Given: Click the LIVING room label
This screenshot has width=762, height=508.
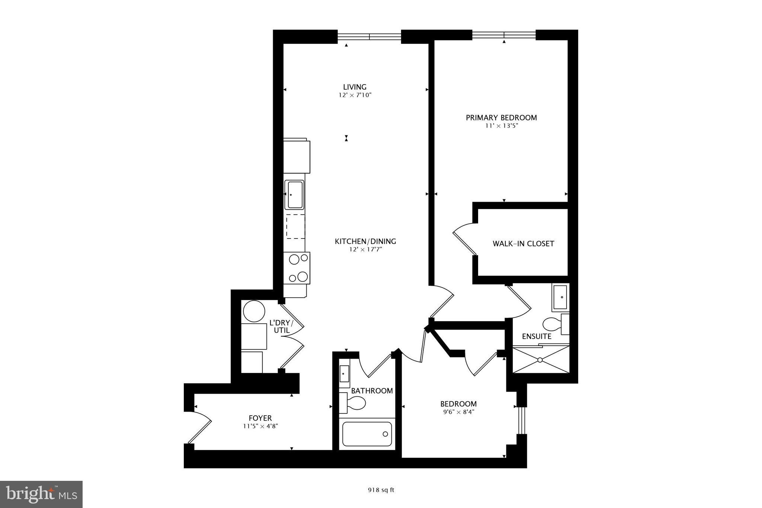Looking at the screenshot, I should click(x=355, y=87).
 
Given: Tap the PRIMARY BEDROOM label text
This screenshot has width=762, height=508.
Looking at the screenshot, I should click(x=501, y=118).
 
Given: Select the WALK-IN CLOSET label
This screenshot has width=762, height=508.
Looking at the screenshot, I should click(x=523, y=244).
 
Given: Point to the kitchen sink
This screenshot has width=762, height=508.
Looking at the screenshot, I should click(x=294, y=195).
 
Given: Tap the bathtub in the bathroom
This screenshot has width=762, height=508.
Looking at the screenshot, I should click(x=367, y=434).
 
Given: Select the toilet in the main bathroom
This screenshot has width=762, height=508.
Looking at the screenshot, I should click(x=353, y=403).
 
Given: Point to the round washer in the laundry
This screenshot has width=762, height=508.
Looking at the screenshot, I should click(x=254, y=311).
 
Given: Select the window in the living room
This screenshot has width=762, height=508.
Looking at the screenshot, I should click(x=369, y=36).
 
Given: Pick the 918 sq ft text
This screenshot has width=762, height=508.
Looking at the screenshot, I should click(x=381, y=490).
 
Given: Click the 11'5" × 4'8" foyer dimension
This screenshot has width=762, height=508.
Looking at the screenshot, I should click(x=260, y=426).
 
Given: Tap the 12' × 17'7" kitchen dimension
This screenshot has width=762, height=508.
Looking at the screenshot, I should click(x=365, y=250).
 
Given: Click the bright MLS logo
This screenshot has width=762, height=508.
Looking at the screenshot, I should click(x=41, y=494).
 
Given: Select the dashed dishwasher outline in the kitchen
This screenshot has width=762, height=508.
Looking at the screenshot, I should click(x=295, y=227).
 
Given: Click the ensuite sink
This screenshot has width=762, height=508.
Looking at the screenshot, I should click(x=560, y=297).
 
